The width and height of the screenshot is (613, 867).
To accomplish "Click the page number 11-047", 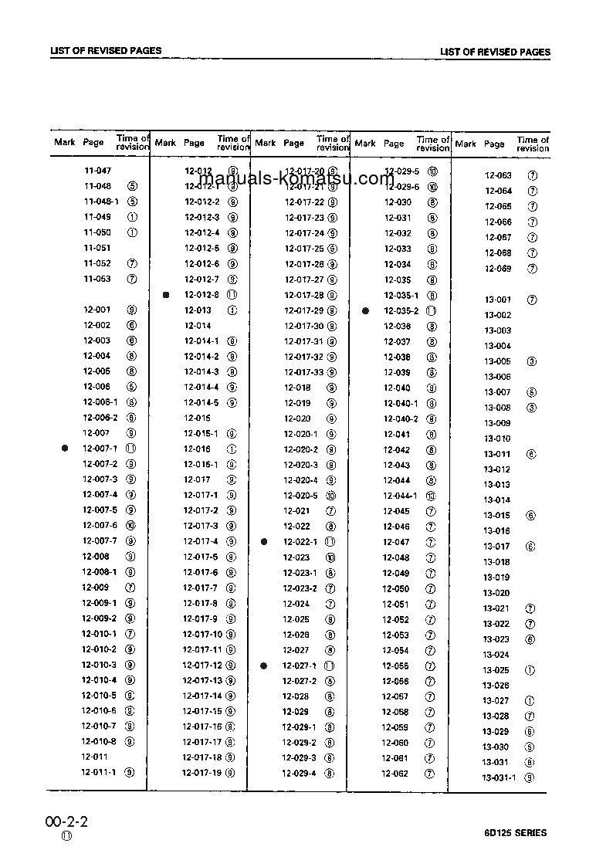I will (97, 171).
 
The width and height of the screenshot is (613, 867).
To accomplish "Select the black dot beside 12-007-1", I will (66, 449).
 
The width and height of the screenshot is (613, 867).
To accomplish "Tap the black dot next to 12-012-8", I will (166, 295).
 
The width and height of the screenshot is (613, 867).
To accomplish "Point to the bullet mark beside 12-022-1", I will (264, 542).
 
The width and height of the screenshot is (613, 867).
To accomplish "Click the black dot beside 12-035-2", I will (366, 310).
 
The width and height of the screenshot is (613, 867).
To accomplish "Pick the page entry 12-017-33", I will (303, 372).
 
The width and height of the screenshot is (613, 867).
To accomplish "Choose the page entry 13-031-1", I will (499, 777).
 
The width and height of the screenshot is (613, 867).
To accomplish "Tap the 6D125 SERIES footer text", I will (516, 833).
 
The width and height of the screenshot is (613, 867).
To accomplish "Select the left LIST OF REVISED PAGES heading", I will (106, 51).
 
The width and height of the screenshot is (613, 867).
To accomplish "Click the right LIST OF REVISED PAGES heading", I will (495, 52).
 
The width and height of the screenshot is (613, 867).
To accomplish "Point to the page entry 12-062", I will (395, 774).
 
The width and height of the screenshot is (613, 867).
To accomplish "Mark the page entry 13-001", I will (497, 300).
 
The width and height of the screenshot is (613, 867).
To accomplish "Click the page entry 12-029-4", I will (298, 774).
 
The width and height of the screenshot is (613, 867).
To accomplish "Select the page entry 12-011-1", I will (99, 772).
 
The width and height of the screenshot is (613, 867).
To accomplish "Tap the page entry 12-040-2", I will (400, 418).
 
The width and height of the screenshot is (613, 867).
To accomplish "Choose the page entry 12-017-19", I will (202, 773).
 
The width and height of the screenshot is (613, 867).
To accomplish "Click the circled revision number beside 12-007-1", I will (131, 449).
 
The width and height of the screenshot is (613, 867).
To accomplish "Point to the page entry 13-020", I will (496, 593).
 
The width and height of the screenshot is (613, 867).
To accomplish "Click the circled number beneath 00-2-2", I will (66, 837).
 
